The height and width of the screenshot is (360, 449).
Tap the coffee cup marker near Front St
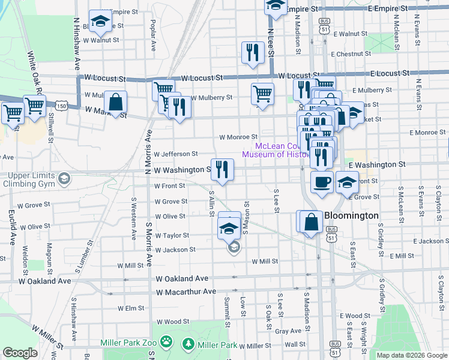pos(322,182)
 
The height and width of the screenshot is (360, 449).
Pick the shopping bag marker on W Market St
pos(115,103)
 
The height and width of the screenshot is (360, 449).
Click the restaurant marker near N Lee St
pos(253,53)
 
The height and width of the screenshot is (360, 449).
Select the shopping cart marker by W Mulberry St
pos(262,94)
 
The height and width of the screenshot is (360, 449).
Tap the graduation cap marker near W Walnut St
pos(100,22)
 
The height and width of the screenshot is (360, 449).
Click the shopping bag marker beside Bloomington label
pos(312,222)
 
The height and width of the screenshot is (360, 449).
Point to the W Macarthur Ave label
pos(185,292)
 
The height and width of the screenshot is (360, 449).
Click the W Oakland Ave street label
pos(182,278)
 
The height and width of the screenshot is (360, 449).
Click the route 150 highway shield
pos(61,106)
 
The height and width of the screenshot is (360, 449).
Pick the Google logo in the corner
pos(20,353)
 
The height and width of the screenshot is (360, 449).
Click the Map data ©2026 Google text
pos(411,355)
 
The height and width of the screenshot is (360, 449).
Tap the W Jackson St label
pos(175,250)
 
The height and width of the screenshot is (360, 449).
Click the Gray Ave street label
pos(288,331)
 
